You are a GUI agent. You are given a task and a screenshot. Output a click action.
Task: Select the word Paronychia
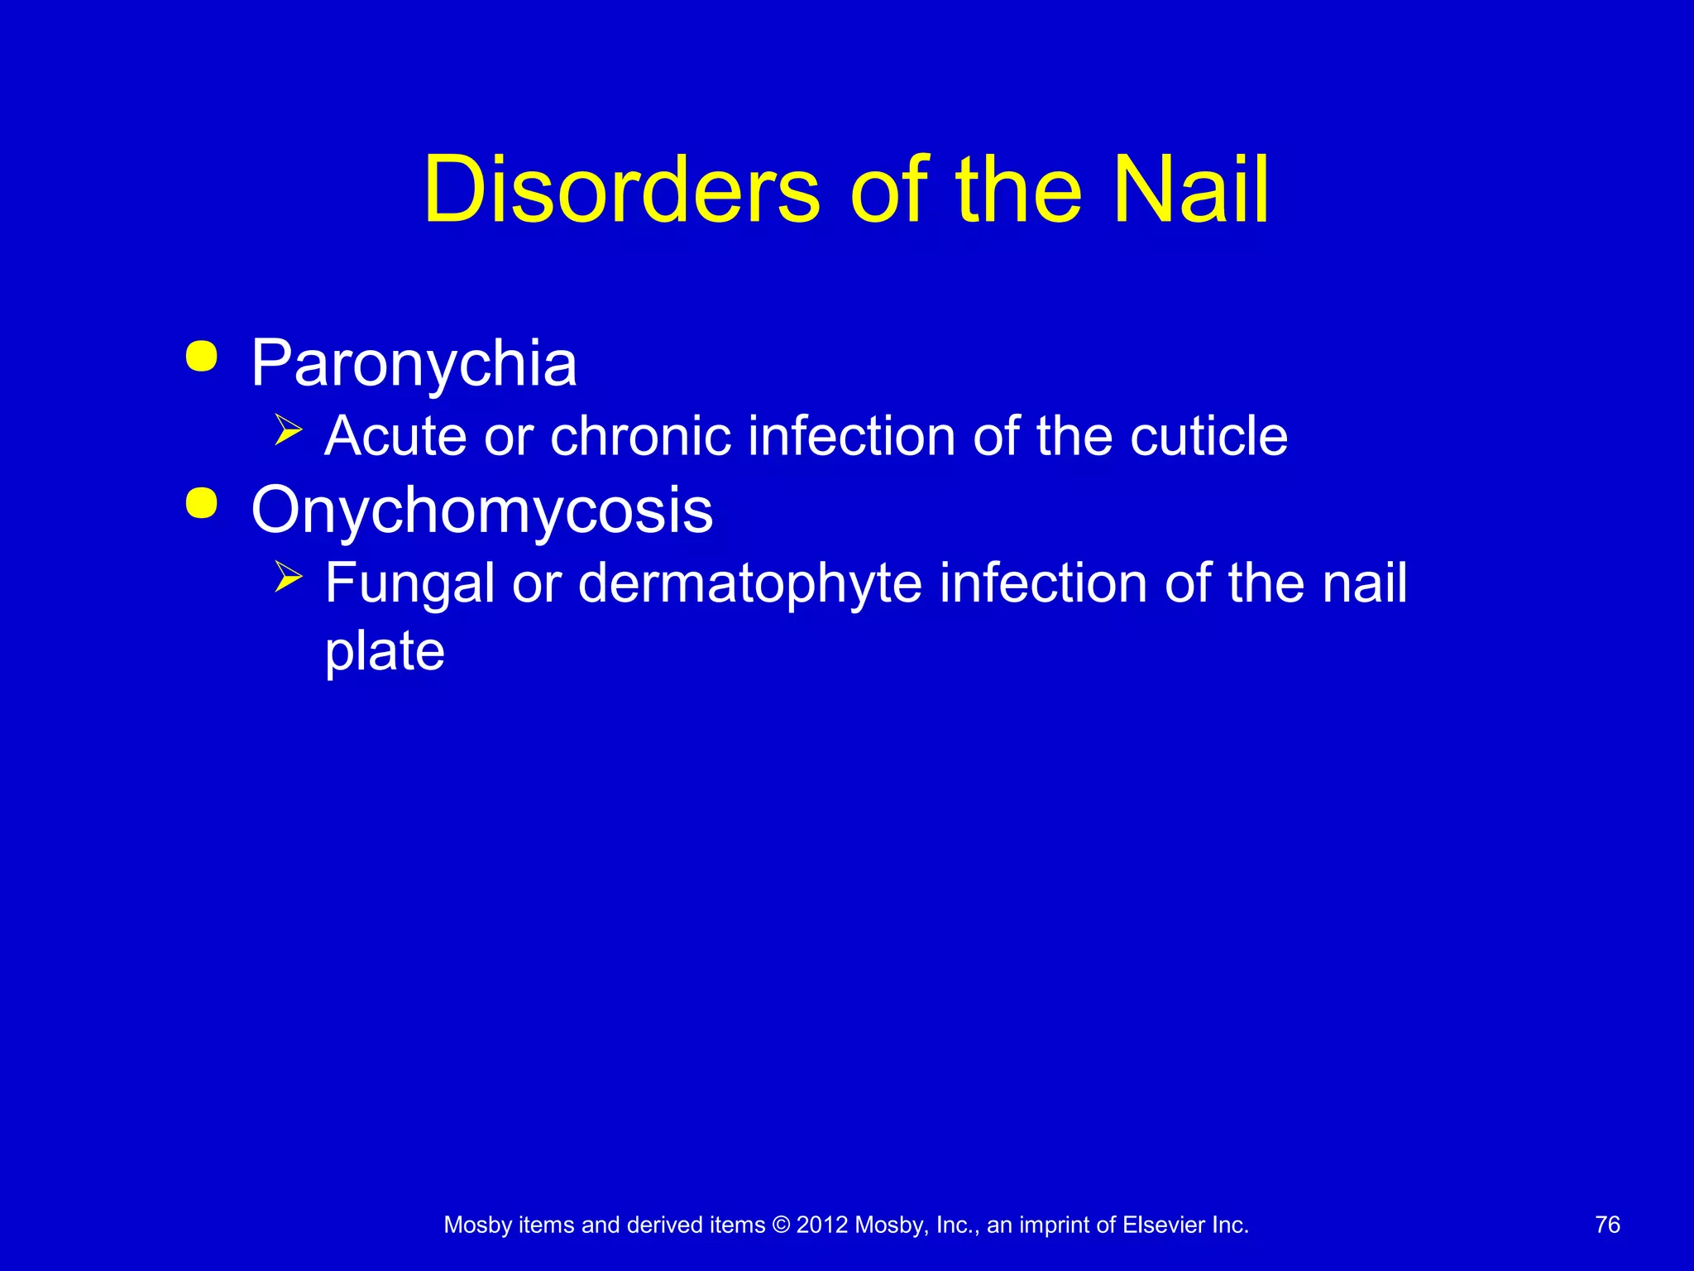(414, 363)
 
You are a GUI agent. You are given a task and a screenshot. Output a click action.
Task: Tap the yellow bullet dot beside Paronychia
(202, 357)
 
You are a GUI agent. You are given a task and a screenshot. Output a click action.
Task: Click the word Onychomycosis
(481, 511)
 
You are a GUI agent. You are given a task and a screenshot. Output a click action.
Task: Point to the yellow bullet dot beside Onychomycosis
(202, 503)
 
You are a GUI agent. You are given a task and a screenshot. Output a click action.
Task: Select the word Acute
(395, 436)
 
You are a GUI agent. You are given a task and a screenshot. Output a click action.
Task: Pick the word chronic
(640, 436)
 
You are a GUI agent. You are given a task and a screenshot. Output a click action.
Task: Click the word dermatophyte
(749, 583)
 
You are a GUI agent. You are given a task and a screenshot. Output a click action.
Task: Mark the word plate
(385, 650)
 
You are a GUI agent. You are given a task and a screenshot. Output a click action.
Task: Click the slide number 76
(1607, 1225)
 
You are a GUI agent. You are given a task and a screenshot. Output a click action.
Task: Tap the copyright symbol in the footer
(781, 1225)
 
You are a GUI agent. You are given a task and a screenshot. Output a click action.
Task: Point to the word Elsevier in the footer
(1163, 1225)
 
